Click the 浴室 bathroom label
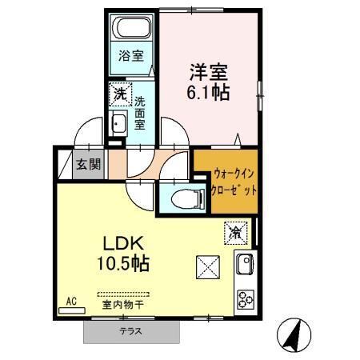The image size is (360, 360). coord(131,56)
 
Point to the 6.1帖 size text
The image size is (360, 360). coord(209,92)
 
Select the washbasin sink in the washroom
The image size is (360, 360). coord(119,125)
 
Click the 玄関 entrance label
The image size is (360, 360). coord(89,165)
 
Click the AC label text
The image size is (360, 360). coord(70,301)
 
